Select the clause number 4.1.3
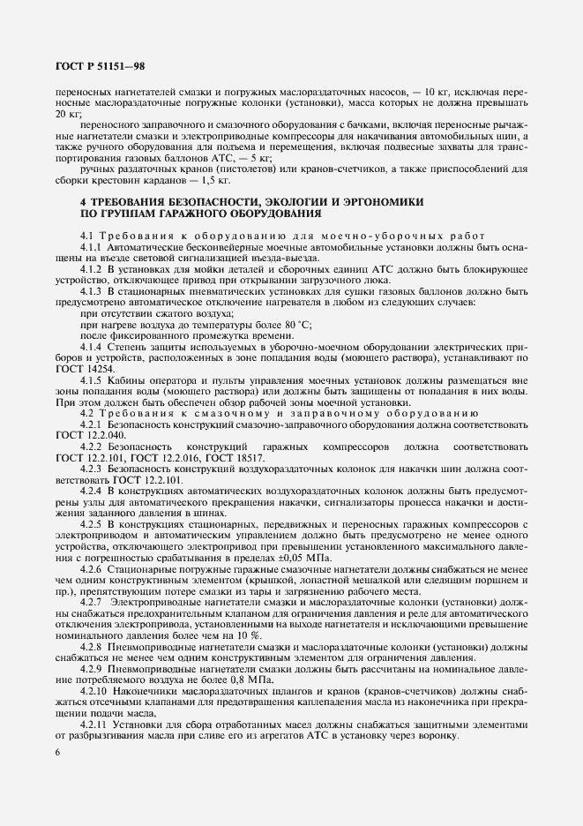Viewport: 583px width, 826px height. [94, 292]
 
